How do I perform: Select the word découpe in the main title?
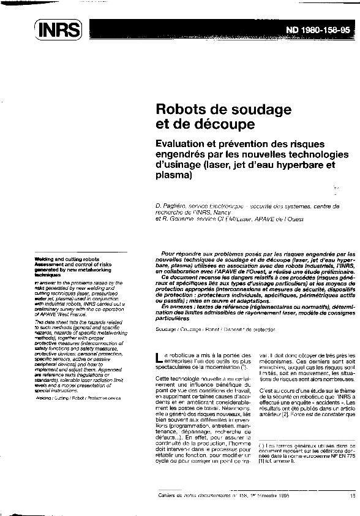click(223, 125)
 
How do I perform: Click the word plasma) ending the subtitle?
click(174, 176)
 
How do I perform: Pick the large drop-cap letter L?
click(160, 357)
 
